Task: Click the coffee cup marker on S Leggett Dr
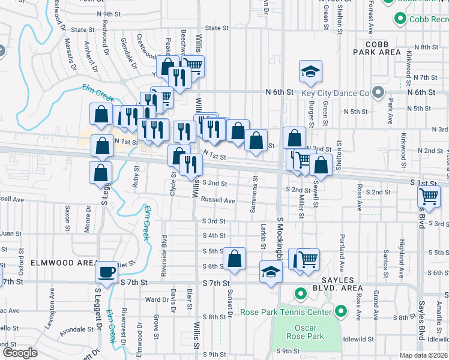point(107,272)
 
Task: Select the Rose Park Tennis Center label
point(286,312)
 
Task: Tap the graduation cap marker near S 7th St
point(271,272)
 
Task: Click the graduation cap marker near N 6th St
point(310,72)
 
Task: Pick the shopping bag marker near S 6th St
point(235,259)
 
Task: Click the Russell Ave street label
point(218,200)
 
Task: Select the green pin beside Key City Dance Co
point(378,93)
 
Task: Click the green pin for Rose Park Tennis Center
point(341,311)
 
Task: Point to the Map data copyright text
point(423,355)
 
